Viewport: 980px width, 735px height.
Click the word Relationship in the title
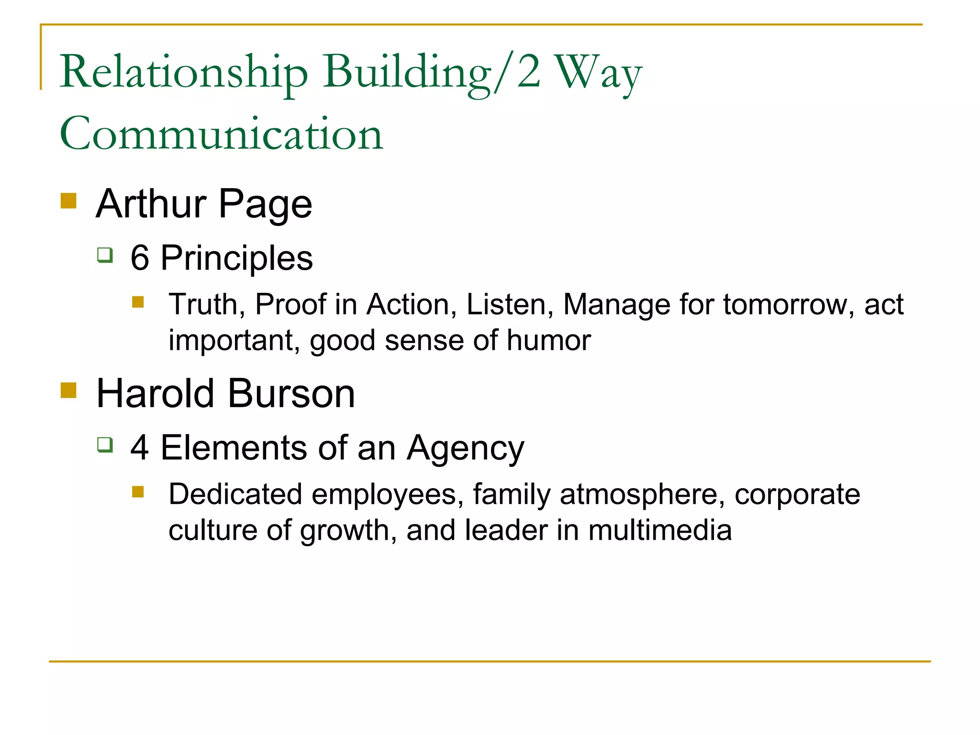[x=184, y=73]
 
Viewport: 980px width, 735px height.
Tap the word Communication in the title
[x=221, y=134]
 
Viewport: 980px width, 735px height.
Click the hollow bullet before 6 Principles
[x=105, y=255]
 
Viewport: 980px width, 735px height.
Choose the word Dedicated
[x=235, y=494]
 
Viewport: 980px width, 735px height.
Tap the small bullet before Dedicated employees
[x=138, y=492]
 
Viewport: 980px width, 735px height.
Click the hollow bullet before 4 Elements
[x=105, y=445]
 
